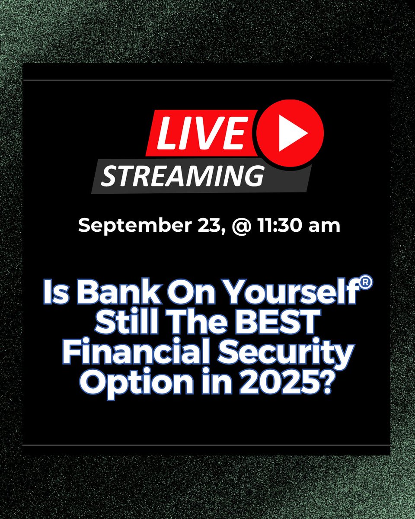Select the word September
tap(130, 225)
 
